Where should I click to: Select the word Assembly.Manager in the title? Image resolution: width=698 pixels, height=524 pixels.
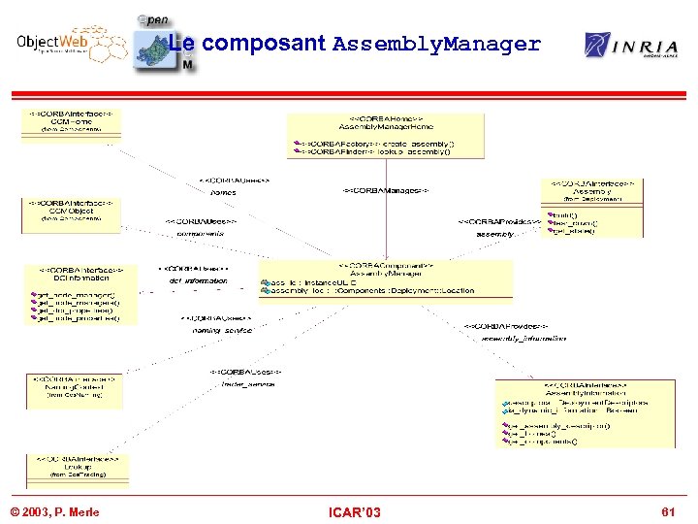click(x=436, y=44)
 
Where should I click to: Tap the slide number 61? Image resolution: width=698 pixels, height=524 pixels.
click(x=667, y=511)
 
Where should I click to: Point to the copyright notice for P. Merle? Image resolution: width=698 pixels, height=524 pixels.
click(x=54, y=511)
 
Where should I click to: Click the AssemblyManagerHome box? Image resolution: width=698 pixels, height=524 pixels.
click(x=385, y=136)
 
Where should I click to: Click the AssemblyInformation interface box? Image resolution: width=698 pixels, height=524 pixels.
click(x=585, y=412)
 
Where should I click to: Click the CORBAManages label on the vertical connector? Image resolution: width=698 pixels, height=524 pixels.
click(x=386, y=191)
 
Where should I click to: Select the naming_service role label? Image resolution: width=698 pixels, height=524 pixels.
click(x=221, y=330)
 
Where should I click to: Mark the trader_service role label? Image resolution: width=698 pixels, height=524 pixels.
click(x=247, y=384)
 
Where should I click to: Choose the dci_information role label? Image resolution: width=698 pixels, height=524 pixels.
click(x=198, y=280)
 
